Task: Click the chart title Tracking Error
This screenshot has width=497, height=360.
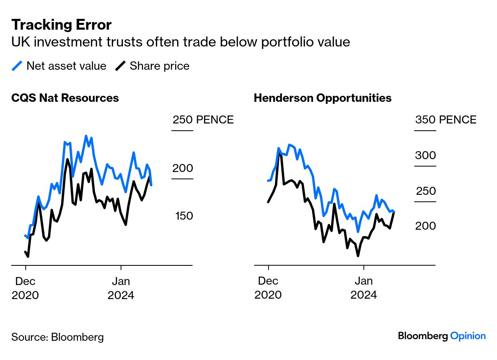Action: tap(61, 25)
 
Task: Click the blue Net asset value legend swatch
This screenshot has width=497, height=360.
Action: tap(17, 66)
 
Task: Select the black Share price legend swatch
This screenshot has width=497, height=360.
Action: tap(120, 66)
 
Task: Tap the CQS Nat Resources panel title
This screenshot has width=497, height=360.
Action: tap(65, 98)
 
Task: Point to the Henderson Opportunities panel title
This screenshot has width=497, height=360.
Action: tap(322, 98)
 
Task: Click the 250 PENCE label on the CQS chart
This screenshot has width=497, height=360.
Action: tap(203, 119)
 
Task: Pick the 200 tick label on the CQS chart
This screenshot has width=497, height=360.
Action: tap(182, 168)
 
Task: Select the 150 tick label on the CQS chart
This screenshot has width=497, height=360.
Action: tap(184, 216)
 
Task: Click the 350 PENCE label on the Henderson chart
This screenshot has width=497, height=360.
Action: tap(446, 119)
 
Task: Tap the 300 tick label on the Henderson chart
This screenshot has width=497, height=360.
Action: tap(425, 156)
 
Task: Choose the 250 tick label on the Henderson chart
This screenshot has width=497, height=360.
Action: tap(426, 191)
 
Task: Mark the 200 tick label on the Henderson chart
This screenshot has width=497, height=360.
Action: tap(425, 226)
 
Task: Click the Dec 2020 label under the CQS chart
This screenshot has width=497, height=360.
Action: tap(25, 288)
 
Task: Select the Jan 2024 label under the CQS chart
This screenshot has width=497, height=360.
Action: tap(121, 288)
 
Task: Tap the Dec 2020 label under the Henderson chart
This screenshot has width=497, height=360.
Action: tap(268, 288)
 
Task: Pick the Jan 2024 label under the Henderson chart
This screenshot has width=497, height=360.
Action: tap(364, 288)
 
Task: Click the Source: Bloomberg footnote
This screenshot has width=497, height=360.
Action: tap(57, 337)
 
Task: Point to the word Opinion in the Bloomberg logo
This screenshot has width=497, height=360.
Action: tap(468, 336)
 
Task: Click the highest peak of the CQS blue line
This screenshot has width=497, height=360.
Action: tap(86, 136)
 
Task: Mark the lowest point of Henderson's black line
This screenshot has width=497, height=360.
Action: tap(358, 256)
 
